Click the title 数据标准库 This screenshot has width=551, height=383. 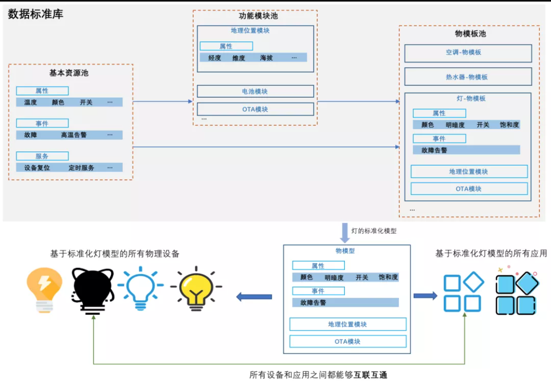click(x=36, y=14)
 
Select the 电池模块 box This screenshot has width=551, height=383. click(x=255, y=92)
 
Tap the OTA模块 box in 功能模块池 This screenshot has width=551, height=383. click(x=255, y=109)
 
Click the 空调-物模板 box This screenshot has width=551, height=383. click(x=467, y=53)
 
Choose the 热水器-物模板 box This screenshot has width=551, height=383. click(x=467, y=77)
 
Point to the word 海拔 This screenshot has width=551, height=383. click(x=266, y=58)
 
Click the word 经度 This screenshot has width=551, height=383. click(x=215, y=58)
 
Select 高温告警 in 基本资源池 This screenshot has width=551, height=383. click(x=74, y=135)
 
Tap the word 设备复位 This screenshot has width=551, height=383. click(x=37, y=168)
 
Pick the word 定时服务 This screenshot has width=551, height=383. click(x=82, y=168)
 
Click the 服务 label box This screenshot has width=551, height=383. click(x=42, y=156)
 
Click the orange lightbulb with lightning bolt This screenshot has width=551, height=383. click(x=45, y=290)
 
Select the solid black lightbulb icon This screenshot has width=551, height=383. click(x=93, y=290)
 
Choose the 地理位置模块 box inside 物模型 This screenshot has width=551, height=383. click(x=348, y=324)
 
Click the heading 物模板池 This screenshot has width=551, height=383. click(x=470, y=34)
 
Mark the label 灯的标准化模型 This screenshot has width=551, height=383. click(x=374, y=231)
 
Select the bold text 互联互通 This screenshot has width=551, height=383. click(x=371, y=375)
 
